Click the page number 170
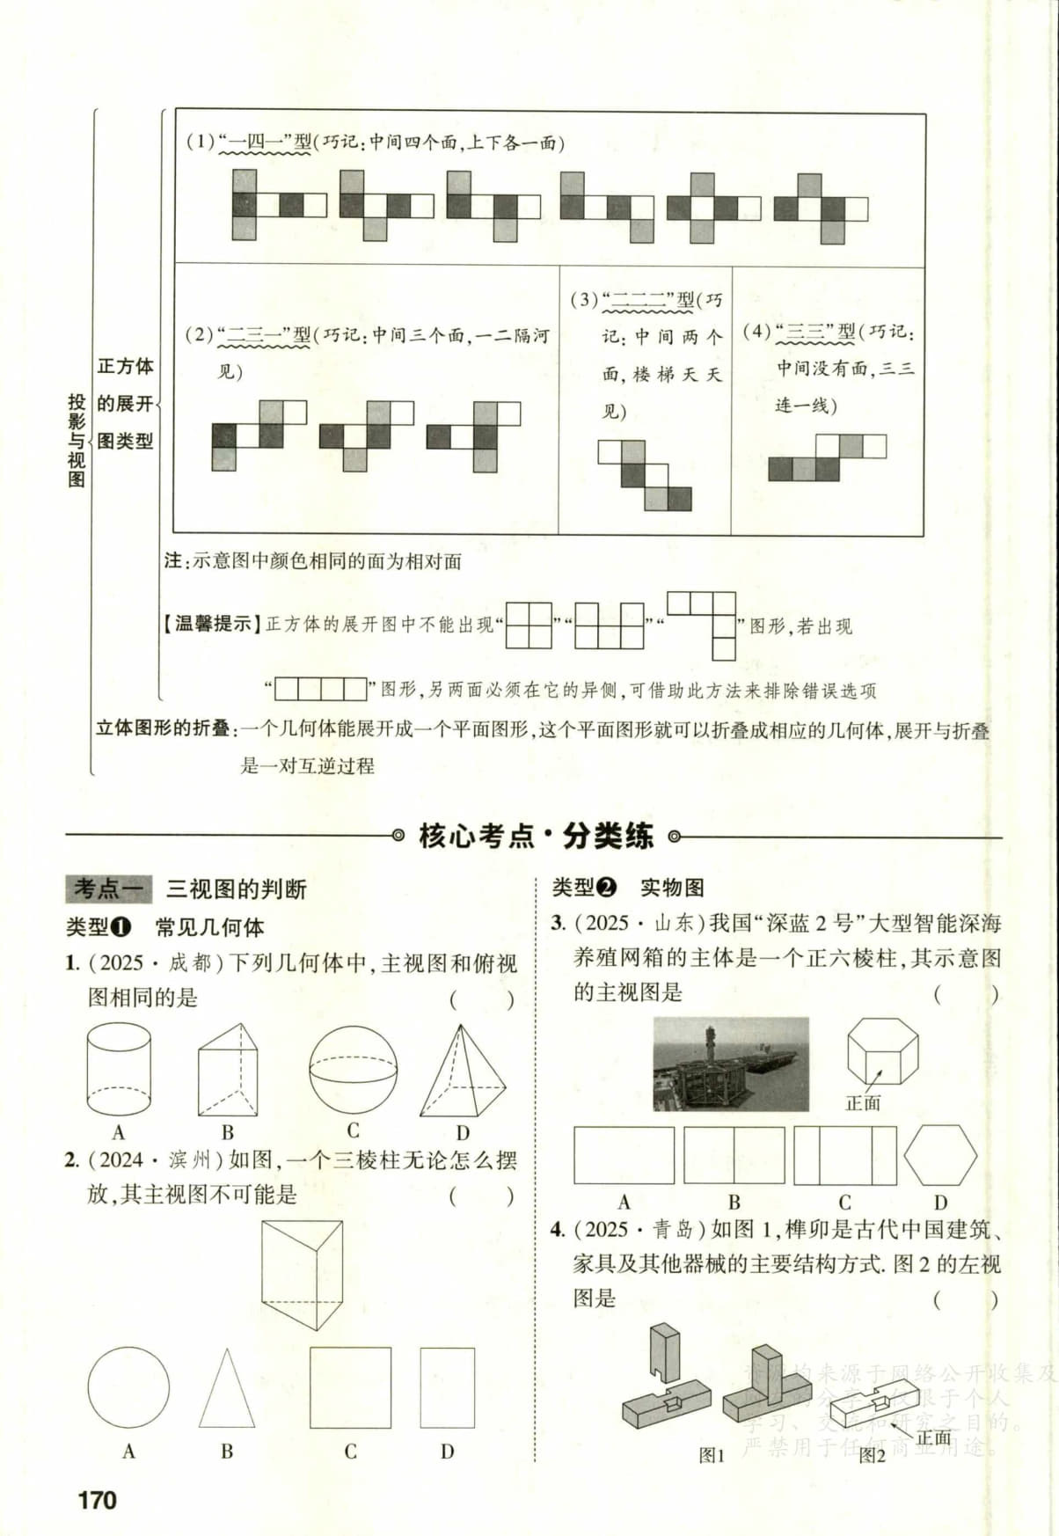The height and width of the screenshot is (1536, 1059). [x=97, y=1499]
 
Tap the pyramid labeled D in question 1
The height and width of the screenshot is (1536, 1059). [x=463, y=1073]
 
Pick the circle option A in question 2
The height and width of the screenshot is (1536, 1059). [x=128, y=1388]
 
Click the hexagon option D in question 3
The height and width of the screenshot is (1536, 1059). [x=940, y=1155]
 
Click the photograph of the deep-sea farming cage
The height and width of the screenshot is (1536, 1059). [x=731, y=1063]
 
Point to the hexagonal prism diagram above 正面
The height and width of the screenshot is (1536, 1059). [x=882, y=1052]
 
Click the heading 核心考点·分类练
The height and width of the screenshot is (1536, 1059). [x=536, y=836]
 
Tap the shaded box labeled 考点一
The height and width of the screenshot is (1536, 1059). [x=108, y=889]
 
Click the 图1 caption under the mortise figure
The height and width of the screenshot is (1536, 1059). [x=711, y=1456]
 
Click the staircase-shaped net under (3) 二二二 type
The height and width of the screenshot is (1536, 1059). [x=645, y=475]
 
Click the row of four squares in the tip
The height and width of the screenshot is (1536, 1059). [x=320, y=689]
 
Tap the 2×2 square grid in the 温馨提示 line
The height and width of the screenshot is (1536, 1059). [x=529, y=625]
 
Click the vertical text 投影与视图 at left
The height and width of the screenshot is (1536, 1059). [x=77, y=440]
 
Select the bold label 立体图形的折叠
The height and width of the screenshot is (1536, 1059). [x=163, y=728]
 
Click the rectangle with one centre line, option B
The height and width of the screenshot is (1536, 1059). [x=734, y=1155]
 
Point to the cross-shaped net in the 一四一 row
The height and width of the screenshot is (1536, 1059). [x=713, y=208]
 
